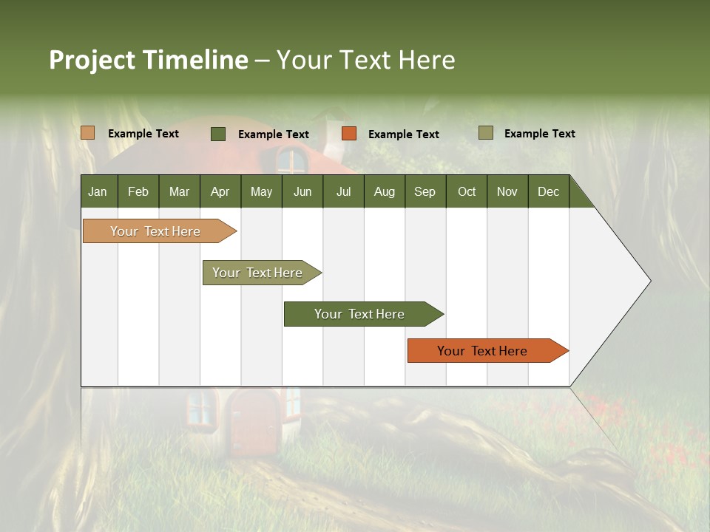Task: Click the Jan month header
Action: [98, 191]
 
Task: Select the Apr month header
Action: [220, 191]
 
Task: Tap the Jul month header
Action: [343, 191]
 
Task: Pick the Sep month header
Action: [425, 191]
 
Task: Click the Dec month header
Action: [548, 191]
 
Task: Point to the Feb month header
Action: [138, 191]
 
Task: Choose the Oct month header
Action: [466, 191]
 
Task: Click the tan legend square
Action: [87, 133]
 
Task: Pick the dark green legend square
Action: [217, 134]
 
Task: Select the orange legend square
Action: [349, 134]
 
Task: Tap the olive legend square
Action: [485, 133]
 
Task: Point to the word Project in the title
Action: [92, 60]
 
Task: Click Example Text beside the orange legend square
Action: [403, 134]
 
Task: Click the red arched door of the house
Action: [252, 423]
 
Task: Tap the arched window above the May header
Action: [291, 160]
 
